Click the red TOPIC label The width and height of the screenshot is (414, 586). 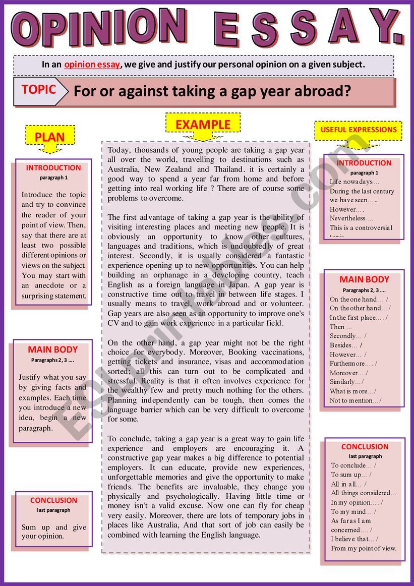tap(38, 90)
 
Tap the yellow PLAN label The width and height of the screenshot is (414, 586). tap(49, 137)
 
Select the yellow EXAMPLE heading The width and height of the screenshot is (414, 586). tap(203, 125)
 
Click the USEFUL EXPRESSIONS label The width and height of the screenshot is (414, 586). tap(359, 130)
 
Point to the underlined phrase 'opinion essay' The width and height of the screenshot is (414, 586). tap(92, 65)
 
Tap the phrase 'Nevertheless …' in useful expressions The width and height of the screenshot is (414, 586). tap(351, 218)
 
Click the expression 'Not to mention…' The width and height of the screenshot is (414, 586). tap(355, 400)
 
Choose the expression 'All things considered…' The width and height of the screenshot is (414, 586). tap(364, 493)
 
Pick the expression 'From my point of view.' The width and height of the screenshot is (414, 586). tap(364, 548)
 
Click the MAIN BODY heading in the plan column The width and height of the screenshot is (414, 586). tap(53, 349)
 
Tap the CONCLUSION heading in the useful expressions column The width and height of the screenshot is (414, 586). tap(365, 447)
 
